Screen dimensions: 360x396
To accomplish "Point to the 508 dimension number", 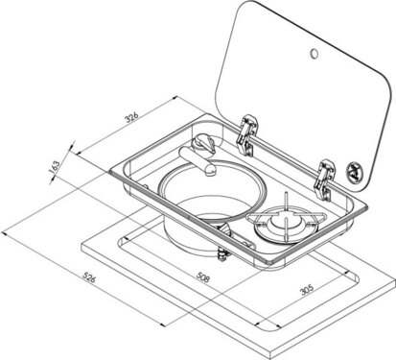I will pos(204,283).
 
